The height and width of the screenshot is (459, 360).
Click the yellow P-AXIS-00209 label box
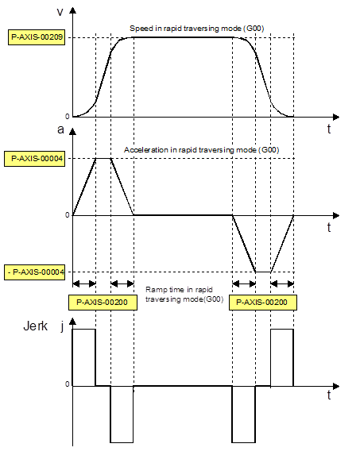pos(37,37)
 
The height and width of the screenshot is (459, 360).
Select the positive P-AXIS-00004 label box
pos(34,159)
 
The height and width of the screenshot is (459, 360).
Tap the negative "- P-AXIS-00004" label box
pos(34,272)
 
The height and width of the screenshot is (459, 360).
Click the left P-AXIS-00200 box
pos(103,303)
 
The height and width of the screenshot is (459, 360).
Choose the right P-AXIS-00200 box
pos(262,303)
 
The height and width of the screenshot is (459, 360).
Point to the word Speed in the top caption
pos(139,29)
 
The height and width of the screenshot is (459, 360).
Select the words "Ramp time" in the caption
pos(165,290)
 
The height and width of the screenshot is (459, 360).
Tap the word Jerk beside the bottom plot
pos(35,326)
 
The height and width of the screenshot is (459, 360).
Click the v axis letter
pos(60,12)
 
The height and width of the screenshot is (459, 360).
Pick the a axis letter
pos(60,129)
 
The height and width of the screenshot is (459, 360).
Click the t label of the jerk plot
pos(329,395)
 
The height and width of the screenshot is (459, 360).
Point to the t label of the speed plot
pos(329,129)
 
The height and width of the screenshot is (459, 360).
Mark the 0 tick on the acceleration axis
pos(68,215)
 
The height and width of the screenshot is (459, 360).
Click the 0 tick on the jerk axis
pos(68,384)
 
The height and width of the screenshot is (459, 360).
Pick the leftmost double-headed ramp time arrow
pos(84,283)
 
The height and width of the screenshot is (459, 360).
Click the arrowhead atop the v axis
pos(72,10)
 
